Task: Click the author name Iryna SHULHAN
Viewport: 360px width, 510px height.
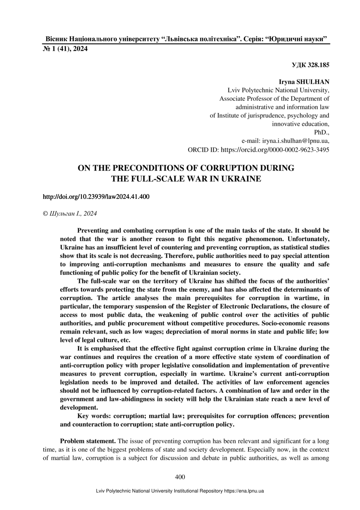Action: click(x=304, y=82)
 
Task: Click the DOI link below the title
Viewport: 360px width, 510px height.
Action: click(x=96, y=197)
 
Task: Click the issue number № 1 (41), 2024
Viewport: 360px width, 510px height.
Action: click(x=65, y=49)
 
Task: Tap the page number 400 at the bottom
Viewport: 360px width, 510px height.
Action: click(x=180, y=477)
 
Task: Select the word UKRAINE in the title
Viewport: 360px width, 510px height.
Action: click(x=241, y=179)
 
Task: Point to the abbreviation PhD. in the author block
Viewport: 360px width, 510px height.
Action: click(x=321, y=132)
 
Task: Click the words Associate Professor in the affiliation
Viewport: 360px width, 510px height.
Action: click(x=248, y=99)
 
